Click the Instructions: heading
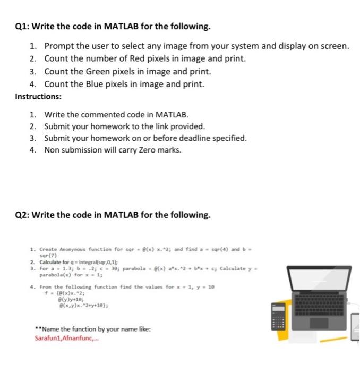38,97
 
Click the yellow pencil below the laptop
321,338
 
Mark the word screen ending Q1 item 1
336,46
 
